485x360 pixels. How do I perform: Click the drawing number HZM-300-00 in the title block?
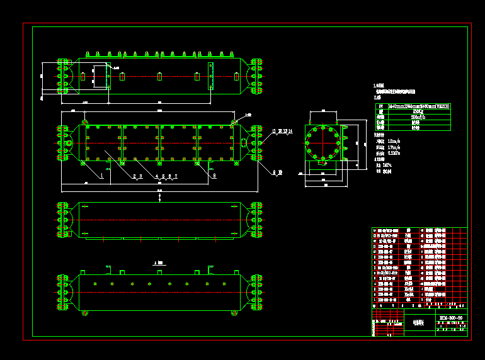click(x=451, y=318)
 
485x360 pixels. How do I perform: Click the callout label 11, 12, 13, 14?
click(x=283, y=132)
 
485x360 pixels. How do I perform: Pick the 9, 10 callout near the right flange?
click(x=278, y=172)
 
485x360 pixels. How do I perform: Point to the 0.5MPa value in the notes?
click(x=395, y=153)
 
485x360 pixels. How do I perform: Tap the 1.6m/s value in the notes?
click(x=394, y=141)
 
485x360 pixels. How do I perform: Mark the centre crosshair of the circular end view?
click(x=324, y=143)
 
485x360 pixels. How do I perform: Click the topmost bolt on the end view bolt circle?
click(x=324, y=128)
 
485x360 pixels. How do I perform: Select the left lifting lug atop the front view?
click(x=85, y=121)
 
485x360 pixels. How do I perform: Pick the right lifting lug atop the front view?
click(x=234, y=121)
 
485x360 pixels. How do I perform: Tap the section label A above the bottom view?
click(x=158, y=262)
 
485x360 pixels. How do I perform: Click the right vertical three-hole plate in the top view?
click(x=210, y=75)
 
